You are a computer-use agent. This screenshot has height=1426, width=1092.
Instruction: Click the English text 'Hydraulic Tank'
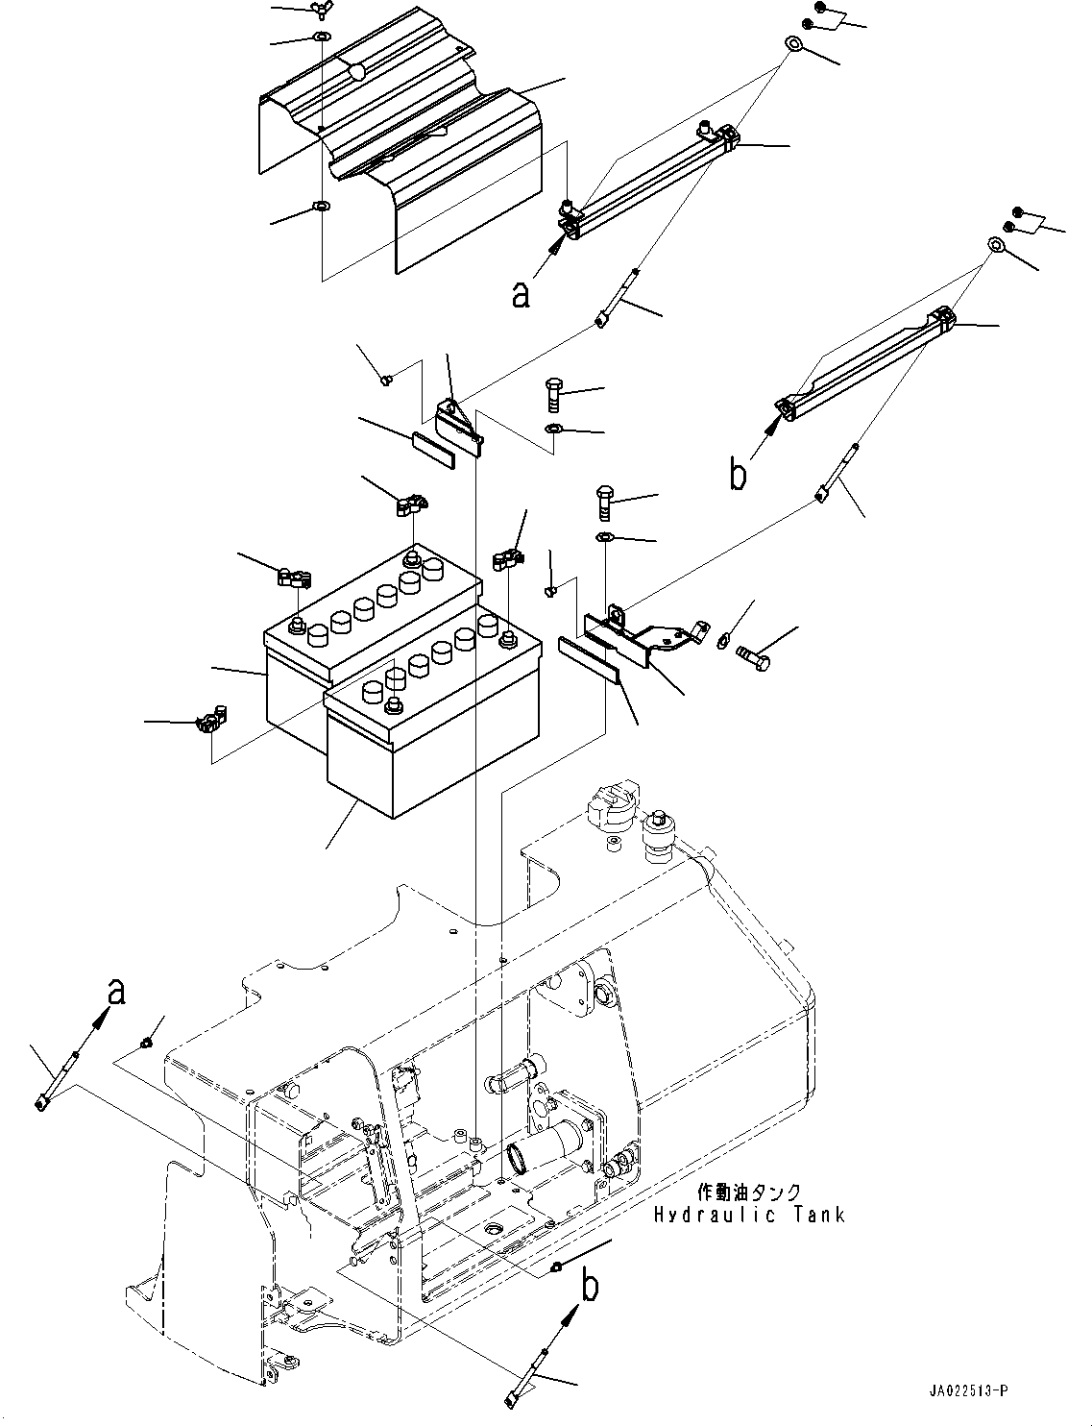pos(749,1215)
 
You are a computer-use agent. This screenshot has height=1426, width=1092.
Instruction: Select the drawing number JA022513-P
pos(968,1391)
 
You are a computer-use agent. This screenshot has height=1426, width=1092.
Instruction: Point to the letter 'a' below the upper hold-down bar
pos(521,294)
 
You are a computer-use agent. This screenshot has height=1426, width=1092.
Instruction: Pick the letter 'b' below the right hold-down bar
pos(738,475)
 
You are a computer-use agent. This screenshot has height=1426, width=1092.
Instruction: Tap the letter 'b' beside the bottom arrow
pos(592,1288)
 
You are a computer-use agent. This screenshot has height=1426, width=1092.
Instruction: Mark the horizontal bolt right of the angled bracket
pos(756,659)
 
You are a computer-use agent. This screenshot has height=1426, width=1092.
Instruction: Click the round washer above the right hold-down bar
pos(996,246)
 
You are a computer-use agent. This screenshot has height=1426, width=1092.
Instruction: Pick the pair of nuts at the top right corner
pos(811,14)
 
